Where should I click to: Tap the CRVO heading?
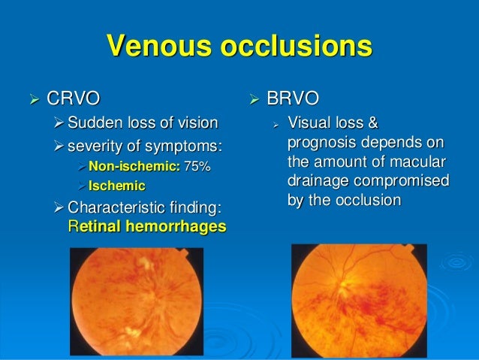72,98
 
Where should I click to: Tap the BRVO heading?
294,98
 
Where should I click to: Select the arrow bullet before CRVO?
32,98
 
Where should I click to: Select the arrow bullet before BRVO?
253,98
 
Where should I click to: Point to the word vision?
197,123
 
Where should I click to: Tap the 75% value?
197,165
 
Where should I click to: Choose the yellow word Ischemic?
116,185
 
